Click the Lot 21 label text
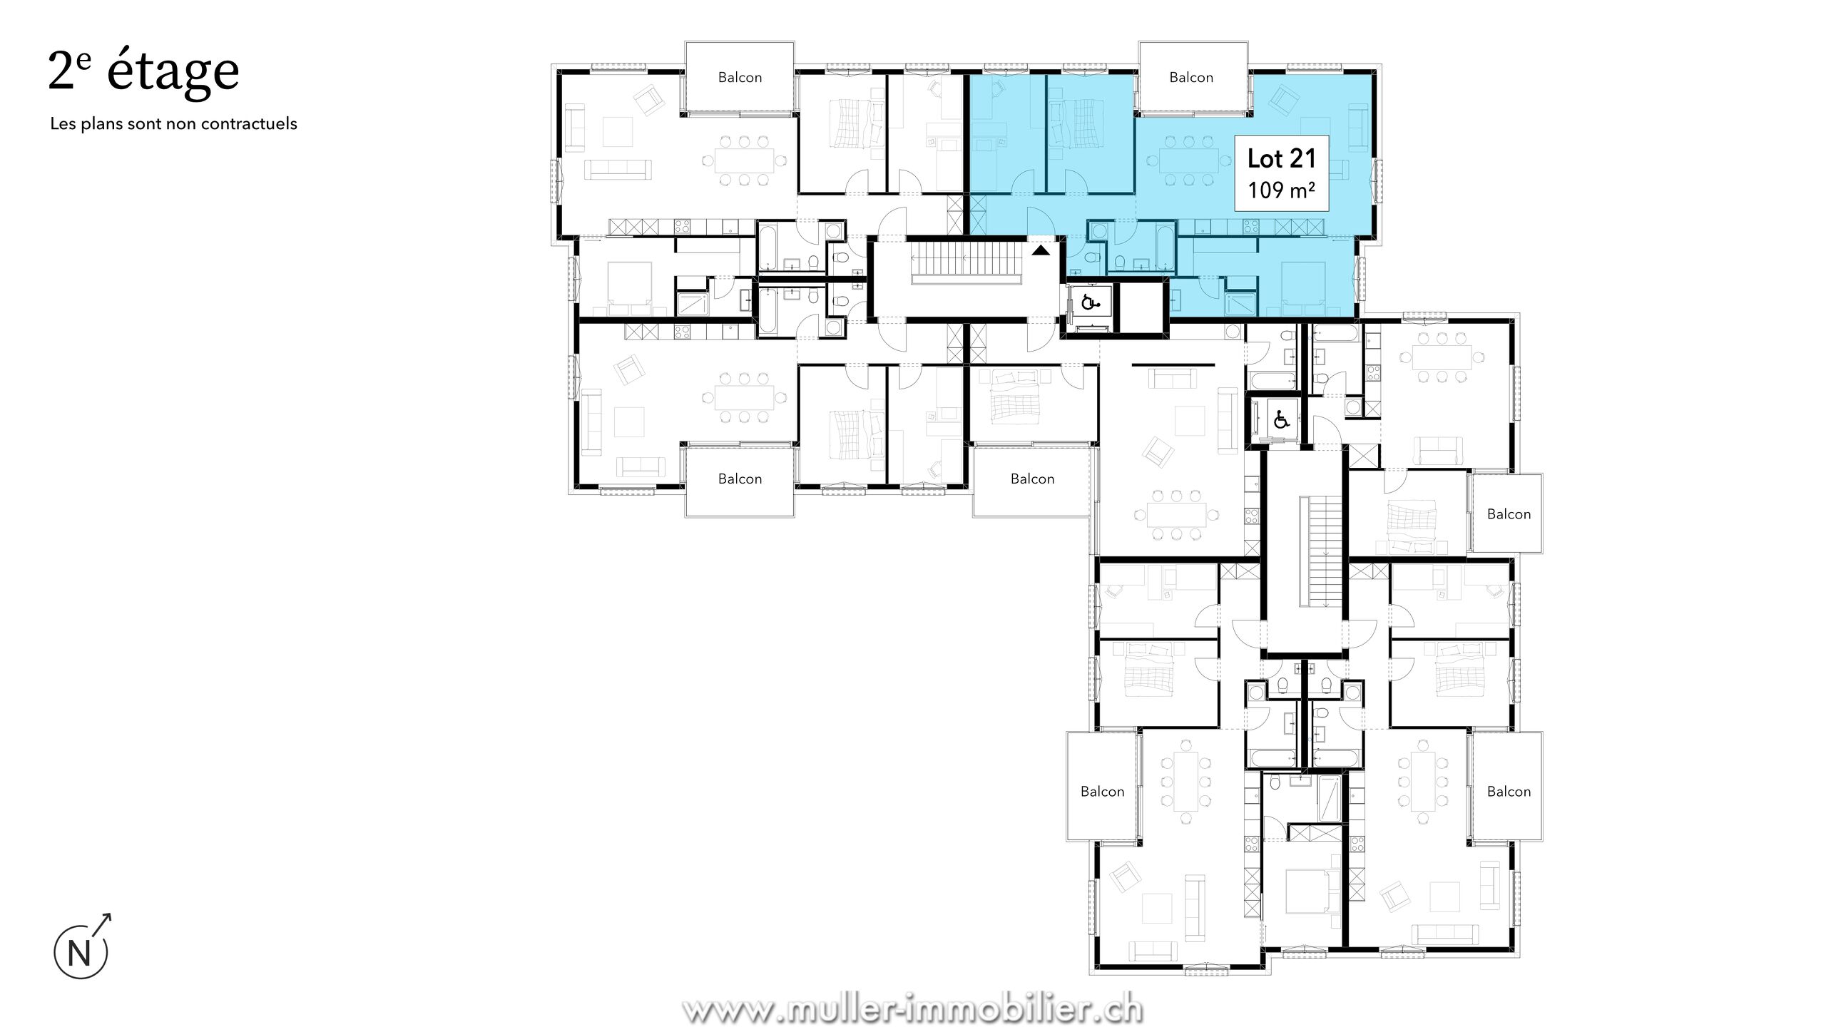pos(1282,158)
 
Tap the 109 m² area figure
pos(1282,190)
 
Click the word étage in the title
pos(173,71)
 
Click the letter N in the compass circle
pos(80,954)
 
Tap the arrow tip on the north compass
pos(111,914)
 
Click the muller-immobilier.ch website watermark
pos(912,1008)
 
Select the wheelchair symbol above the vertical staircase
pos(1281,420)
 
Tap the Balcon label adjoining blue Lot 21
pos(1191,77)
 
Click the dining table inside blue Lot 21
pos(1188,161)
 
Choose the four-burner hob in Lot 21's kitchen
pos(1250,227)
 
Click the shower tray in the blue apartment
pos(1243,305)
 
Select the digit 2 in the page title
pos(61,71)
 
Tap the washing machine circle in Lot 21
pos(1098,231)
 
